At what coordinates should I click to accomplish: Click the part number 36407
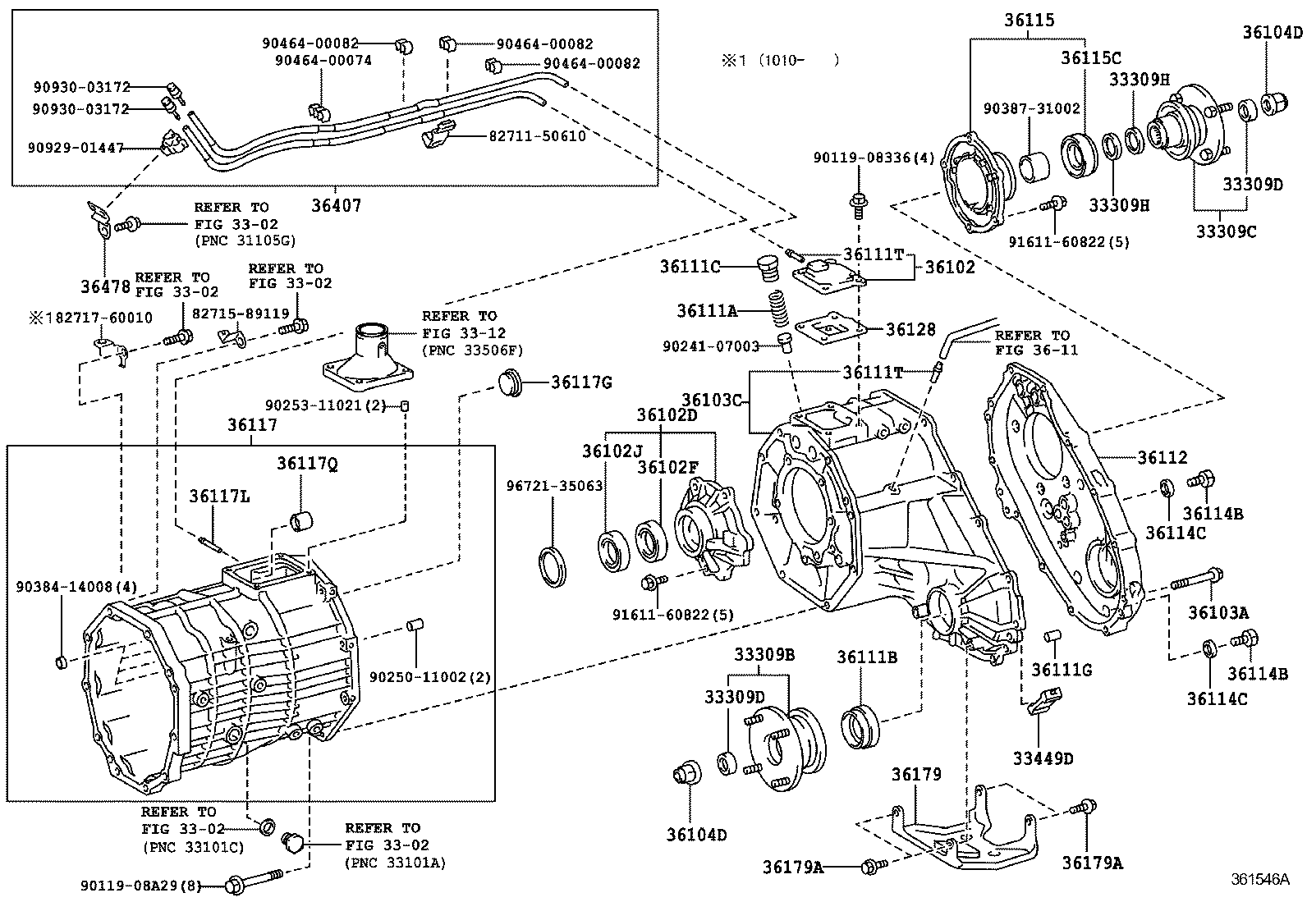[x=336, y=206]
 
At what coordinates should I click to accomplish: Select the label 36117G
[x=581, y=382]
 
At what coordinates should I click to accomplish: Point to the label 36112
[x=1162, y=457]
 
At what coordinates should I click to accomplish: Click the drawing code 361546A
[x=1259, y=879]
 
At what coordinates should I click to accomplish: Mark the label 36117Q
[x=307, y=464]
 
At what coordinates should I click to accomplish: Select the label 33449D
[x=1043, y=758]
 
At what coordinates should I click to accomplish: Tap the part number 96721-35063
[x=554, y=486]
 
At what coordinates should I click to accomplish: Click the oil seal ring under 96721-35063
[x=552, y=565]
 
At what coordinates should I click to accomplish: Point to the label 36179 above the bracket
[x=916, y=774]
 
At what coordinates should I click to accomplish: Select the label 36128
[x=910, y=329]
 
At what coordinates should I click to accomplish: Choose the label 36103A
[x=1218, y=611]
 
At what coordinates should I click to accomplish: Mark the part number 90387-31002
[x=1032, y=108]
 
